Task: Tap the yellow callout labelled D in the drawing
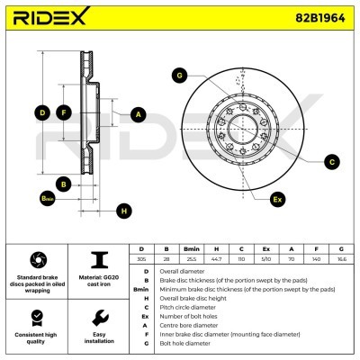point(40,112)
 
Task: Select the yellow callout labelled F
point(63,112)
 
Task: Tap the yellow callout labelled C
point(331,162)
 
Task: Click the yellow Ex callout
point(277,198)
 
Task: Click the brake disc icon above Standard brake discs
point(37,259)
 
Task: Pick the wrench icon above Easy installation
point(100,319)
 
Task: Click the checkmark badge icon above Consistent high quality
point(37,319)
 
